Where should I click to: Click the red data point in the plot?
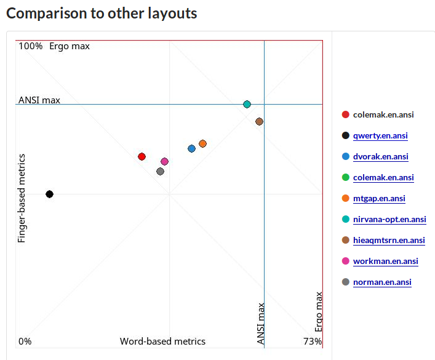click(x=142, y=156)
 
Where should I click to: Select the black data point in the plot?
click(x=49, y=194)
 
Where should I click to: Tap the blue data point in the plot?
click(x=191, y=148)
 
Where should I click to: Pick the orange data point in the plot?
click(x=202, y=143)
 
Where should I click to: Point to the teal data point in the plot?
click(x=247, y=104)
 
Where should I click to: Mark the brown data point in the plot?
click(x=259, y=121)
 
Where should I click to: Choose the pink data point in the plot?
click(x=164, y=161)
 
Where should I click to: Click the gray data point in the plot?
click(x=160, y=171)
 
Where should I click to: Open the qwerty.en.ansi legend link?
click(x=380, y=135)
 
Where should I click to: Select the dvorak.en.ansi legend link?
click(x=380, y=156)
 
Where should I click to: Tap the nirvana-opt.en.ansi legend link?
click(x=389, y=219)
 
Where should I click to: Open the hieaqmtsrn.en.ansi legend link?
click(x=389, y=240)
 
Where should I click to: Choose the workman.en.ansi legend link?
click(x=385, y=261)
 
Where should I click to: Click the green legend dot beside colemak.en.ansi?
click(x=345, y=177)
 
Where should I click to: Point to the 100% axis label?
click(x=30, y=46)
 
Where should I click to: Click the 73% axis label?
click(x=313, y=342)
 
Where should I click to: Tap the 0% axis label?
click(x=25, y=342)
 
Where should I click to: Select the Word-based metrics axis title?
click(x=162, y=342)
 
